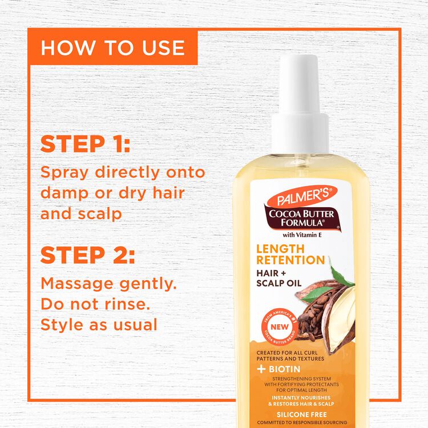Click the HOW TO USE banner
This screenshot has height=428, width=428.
click(112, 47)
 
